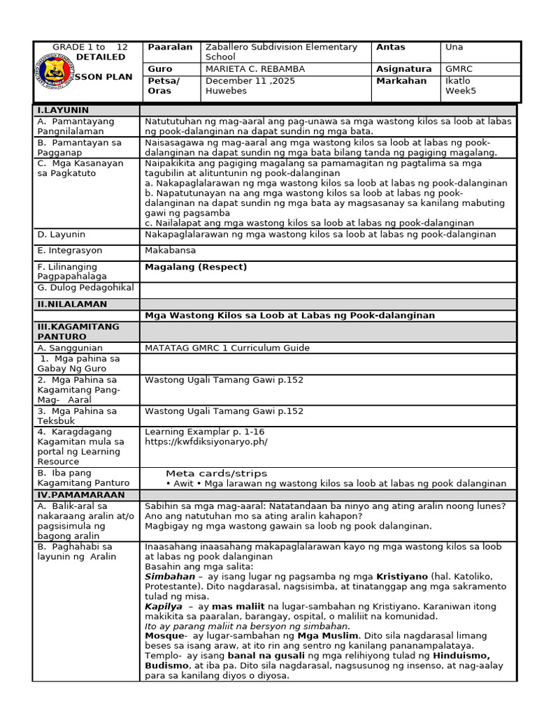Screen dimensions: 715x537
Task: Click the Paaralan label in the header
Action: (x=170, y=47)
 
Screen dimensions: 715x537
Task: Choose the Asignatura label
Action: (x=403, y=69)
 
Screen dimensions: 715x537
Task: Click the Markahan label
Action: (x=401, y=80)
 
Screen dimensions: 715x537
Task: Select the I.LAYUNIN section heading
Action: (x=63, y=110)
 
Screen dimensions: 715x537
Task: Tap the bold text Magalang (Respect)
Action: (x=196, y=267)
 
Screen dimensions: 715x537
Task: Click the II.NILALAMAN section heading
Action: (x=73, y=304)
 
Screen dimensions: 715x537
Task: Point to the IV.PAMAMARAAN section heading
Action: (x=81, y=494)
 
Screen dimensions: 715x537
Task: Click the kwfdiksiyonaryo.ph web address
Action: (x=206, y=441)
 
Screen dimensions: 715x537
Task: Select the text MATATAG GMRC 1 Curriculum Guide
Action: (x=227, y=348)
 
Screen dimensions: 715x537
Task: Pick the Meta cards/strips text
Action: (x=216, y=473)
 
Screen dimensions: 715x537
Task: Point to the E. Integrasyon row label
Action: (x=70, y=250)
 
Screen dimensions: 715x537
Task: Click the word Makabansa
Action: (x=170, y=250)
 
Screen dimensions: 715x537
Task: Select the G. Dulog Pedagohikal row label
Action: (x=85, y=288)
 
